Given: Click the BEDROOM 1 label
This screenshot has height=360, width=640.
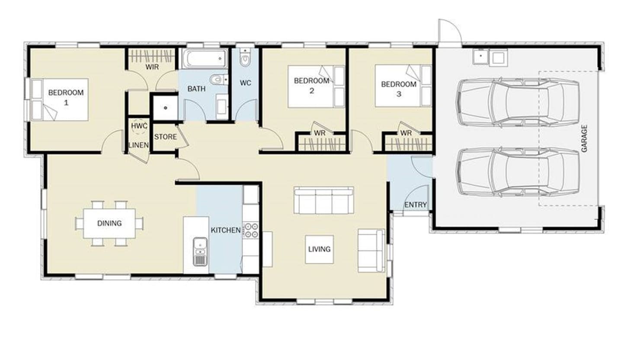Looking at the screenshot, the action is pyautogui.click(x=66, y=97).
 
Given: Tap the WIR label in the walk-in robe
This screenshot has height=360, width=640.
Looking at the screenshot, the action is pyautogui.click(x=152, y=67).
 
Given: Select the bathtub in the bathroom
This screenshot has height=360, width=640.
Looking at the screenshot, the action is pyautogui.click(x=204, y=59).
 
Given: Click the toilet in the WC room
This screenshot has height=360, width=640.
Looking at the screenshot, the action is pyautogui.click(x=245, y=57).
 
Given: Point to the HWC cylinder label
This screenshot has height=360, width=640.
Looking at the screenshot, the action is pyautogui.click(x=139, y=126).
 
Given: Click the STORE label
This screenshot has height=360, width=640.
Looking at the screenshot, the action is pyautogui.click(x=166, y=137).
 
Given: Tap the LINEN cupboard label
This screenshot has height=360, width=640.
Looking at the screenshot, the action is pyautogui.click(x=138, y=145).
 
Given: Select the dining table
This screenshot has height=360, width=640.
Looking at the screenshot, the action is pyautogui.click(x=109, y=223).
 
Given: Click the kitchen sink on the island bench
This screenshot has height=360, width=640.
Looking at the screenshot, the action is pyautogui.click(x=200, y=251).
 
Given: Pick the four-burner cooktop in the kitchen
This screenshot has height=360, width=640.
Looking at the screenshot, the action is pyautogui.click(x=251, y=230).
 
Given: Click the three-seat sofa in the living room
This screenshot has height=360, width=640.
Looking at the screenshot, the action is pyautogui.click(x=324, y=201).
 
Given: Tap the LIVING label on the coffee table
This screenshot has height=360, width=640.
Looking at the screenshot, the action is pyautogui.click(x=320, y=249).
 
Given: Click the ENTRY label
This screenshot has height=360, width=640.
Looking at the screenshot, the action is pyautogui.click(x=416, y=205).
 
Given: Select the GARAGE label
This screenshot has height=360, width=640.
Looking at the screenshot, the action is pyautogui.click(x=584, y=138).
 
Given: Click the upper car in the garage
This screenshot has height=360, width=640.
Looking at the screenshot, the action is pyautogui.click(x=518, y=102).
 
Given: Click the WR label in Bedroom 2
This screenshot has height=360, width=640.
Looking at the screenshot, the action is pyautogui.click(x=320, y=133).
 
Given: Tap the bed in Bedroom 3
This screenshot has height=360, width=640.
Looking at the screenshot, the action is pyautogui.click(x=403, y=86).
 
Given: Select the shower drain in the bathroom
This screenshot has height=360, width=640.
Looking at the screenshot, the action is pyautogui.click(x=166, y=108).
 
